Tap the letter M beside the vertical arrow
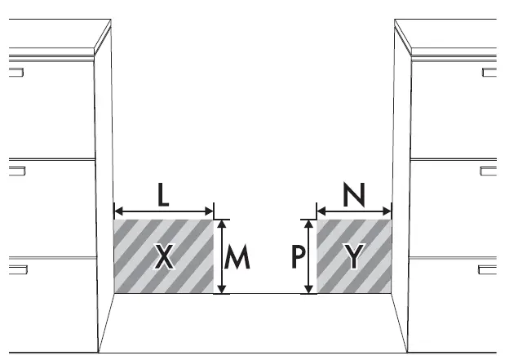[x=237, y=257]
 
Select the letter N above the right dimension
[x=353, y=195]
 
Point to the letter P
[x=299, y=257]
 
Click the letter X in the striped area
[x=164, y=257]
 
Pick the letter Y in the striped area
[x=352, y=257]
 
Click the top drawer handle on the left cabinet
[x=15, y=72]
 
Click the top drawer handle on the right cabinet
[x=489, y=72]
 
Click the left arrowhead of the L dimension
[x=117, y=209]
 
